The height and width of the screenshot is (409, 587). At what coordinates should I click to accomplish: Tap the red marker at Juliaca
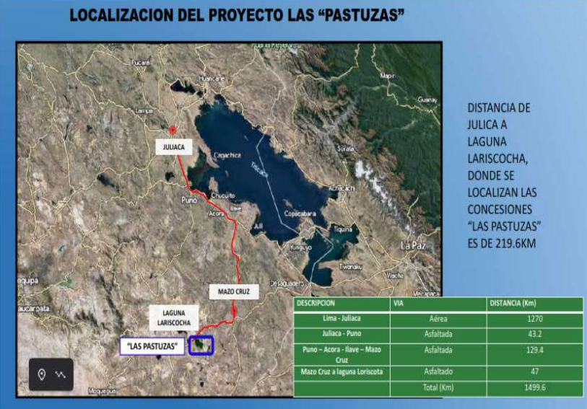(173, 131)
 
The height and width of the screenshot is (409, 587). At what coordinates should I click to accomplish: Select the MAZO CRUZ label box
(232, 292)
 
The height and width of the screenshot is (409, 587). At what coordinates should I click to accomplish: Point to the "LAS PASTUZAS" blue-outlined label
(152, 346)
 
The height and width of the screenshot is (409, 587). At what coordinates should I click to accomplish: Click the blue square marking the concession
(201, 345)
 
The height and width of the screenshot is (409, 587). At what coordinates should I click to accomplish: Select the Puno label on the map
(188, 200)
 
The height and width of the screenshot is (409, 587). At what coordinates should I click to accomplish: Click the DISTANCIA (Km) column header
(513, 303)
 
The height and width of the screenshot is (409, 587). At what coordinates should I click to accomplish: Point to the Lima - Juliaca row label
(342, 318)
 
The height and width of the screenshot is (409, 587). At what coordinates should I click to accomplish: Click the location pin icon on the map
(42, 374)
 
